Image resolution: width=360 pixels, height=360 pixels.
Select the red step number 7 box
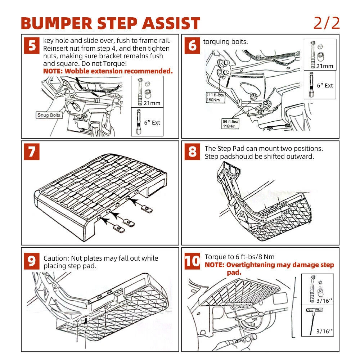[x=32, y=152]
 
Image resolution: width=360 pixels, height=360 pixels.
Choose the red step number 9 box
[x=32, y=261]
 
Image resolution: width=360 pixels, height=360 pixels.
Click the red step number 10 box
[x=192, y=261]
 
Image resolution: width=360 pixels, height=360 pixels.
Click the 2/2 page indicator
[x=327, y=23]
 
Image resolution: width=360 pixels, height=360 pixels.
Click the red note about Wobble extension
[x=108, y=71]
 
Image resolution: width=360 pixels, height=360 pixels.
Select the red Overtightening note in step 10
[x=269, y=268]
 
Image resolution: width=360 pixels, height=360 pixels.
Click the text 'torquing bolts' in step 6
[x=225, y=42]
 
